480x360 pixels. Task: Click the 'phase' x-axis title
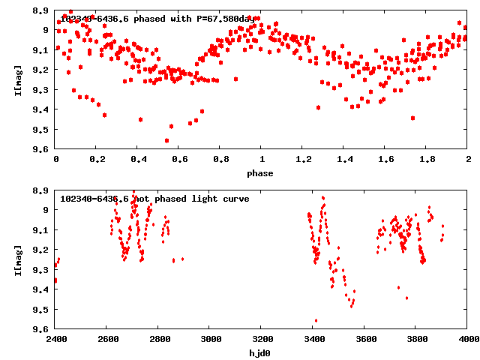(262, 173)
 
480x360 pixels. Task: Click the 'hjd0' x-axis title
(262, 352)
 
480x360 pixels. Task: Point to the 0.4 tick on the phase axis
(139, 160)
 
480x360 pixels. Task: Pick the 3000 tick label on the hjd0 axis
(210, 339)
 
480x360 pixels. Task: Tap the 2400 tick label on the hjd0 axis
(56, 339)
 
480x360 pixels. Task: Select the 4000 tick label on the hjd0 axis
(467, 339)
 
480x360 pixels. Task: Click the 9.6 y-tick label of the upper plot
(42, 149)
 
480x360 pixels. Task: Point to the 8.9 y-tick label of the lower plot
(42, 190)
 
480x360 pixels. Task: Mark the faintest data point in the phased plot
(166, 140)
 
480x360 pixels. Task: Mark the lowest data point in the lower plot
(316, 321)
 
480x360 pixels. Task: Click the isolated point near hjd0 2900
(182, 259)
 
